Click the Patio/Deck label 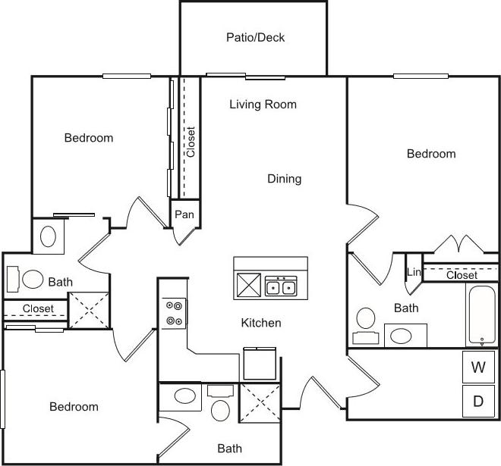[255, 37]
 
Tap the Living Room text [263, 105]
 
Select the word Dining [284, 179]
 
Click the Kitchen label [261, 323]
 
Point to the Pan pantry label [184, 214]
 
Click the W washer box [478, 368]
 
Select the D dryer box [478, 402]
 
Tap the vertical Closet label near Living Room [191, 142]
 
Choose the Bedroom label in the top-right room [431, 154]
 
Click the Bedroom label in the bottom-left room [74, 407]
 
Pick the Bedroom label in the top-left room [88, 138]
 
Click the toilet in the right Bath [366, 318]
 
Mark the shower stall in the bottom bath [260, 402]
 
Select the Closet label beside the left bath [38, 308]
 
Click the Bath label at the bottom [229, 448]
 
